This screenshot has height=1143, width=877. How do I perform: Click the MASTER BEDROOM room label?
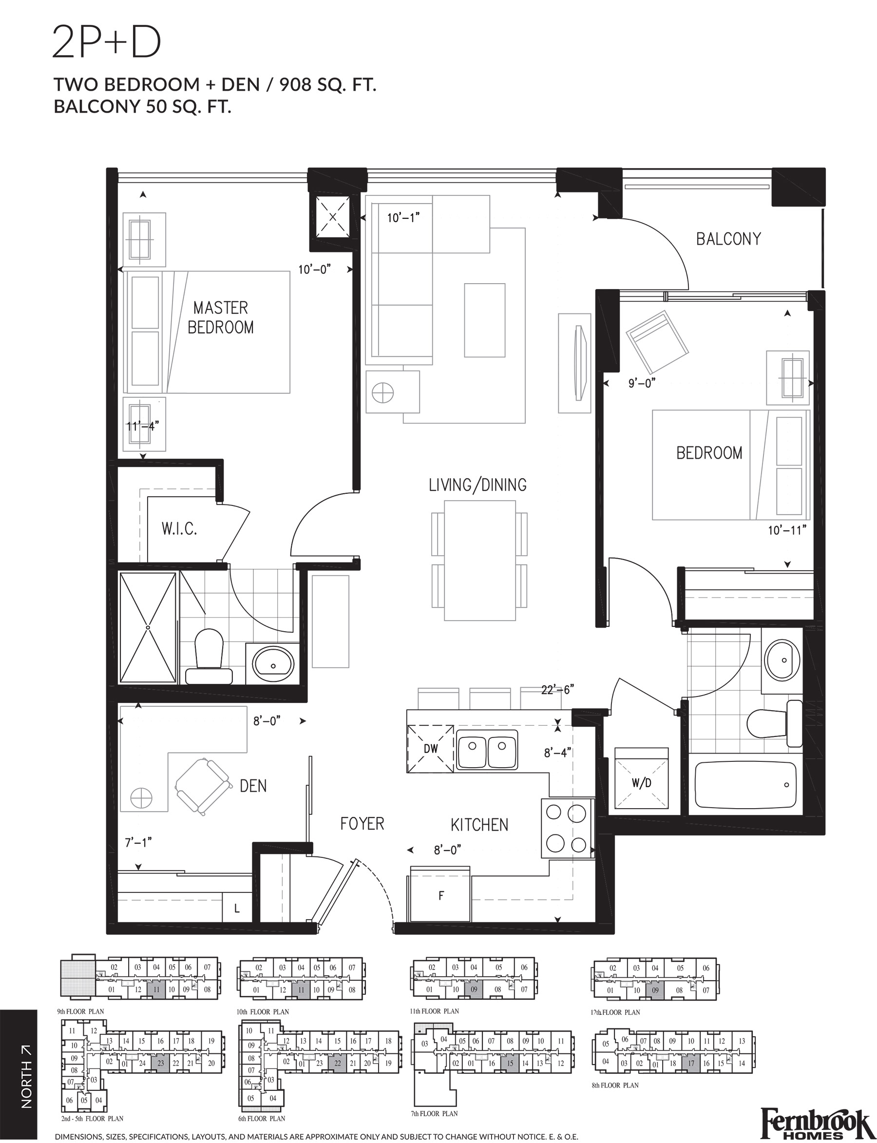tap(220, 317)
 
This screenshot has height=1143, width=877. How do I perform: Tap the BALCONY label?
tap(728, 239)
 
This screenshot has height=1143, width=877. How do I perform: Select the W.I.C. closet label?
tap(179, 529)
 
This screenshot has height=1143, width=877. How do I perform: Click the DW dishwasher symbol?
tap(431, 748)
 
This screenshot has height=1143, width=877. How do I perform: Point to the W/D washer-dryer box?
tap(642, 783)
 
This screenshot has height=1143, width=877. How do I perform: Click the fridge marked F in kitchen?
tap(440, 896)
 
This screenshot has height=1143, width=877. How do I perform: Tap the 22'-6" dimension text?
tap(557, 690)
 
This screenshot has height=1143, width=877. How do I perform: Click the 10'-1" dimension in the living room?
tap(403, 218)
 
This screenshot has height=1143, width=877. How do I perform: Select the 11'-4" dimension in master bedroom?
tap(142, 426)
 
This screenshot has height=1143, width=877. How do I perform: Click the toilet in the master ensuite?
tap(209, 656)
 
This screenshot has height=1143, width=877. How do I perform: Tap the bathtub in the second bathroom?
tap(745, 785)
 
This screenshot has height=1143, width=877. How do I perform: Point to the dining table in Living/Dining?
tap(480, 560)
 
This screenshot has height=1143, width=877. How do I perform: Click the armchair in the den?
tap(203, 786)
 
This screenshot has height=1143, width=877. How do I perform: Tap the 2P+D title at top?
tap(107, 43)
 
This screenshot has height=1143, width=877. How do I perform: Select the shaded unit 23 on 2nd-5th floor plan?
tap(160, 1063)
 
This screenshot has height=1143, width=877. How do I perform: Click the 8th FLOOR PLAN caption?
tap(615, 1085)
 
